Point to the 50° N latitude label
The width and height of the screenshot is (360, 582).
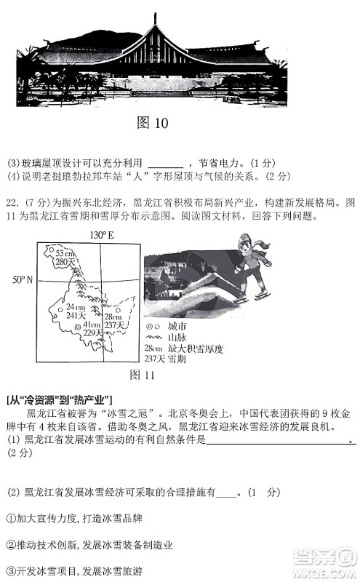coord(23,280)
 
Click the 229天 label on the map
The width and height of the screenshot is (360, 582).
coord(93,332)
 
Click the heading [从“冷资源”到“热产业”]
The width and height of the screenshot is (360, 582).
coord(58,399)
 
